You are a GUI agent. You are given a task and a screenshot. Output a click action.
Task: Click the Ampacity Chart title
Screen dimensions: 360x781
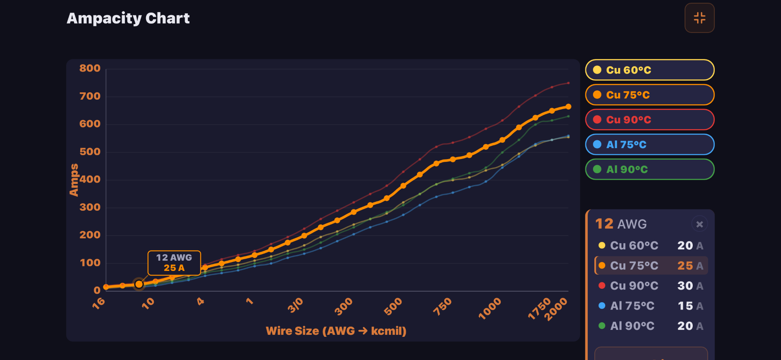click(x=128, y=18)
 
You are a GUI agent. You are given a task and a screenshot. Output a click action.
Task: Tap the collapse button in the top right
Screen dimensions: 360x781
click(x=699, y=18)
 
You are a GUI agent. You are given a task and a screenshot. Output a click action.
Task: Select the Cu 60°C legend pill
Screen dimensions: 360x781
click(x=649, y=70)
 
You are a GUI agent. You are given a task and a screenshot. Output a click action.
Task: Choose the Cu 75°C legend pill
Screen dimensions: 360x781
click(x=649, y=95)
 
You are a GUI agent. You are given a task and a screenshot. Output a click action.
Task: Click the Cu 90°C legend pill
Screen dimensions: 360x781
click(x=649, y=120)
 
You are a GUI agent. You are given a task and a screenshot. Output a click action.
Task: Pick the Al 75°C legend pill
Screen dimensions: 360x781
click(x=649, y=144)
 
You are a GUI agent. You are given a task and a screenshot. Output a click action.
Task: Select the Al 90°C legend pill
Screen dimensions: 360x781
click(x=649, y=169)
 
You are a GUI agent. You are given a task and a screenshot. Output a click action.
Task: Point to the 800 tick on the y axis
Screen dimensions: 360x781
click(x=90, y=68)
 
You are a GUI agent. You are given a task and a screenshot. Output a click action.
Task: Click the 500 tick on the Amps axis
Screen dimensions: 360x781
click(x=90, y=152)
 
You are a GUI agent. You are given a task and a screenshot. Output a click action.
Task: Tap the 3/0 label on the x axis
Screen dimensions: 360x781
click(x=296, y=305)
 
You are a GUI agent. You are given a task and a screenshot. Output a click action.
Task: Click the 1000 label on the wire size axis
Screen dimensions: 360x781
click(x=490, y=309)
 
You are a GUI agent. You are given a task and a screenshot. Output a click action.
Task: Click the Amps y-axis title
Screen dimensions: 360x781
click(x=74, y=180)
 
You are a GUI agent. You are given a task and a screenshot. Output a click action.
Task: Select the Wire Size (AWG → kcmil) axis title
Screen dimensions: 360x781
click(x=336, y=331)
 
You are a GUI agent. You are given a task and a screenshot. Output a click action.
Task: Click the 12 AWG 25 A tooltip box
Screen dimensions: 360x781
click(x=174, y=263)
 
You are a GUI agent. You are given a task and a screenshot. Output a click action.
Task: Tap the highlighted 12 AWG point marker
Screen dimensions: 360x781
click(x=139, y=284)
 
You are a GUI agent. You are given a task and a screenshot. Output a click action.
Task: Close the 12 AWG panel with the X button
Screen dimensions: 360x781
click(x=699, y=224)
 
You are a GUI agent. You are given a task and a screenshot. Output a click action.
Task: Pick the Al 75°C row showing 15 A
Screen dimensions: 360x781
click(x=651, y=306)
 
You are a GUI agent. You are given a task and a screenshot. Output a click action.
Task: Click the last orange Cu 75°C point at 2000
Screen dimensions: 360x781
click(x=568, y=107)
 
